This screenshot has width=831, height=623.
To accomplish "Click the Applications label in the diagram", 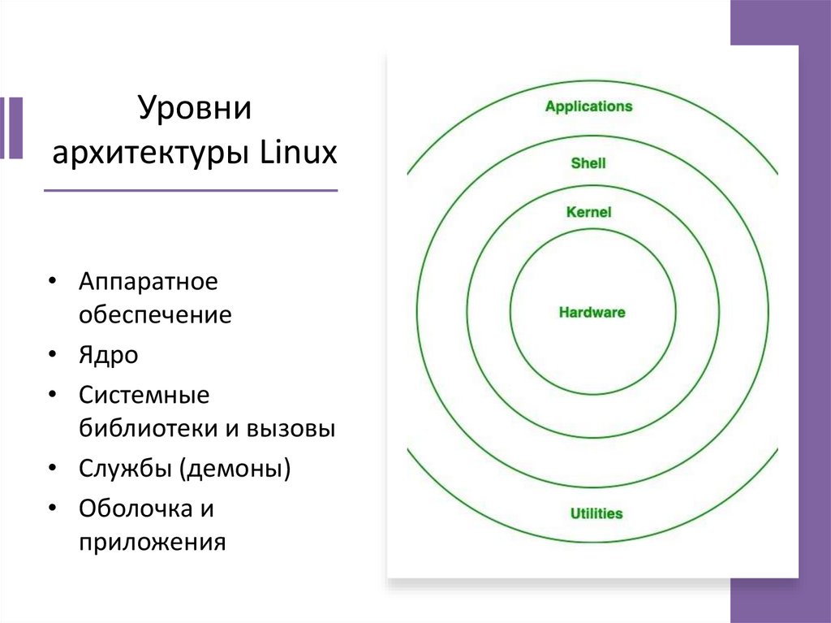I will [588, 106].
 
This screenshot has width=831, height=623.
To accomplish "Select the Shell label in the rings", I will [588, 163].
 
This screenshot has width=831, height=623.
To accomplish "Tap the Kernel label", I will [588, 213].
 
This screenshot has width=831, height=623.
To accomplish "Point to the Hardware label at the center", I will [592, 313].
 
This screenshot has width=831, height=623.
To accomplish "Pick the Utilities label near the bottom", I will [596, 514].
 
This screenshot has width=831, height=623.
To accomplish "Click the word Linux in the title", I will [298, 153].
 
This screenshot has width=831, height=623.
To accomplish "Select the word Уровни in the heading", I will [195, 109].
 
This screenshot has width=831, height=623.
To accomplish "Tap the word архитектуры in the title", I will [152, 153].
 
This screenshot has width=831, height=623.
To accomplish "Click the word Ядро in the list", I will [109, 355].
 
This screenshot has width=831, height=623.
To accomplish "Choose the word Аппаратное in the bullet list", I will [149, 283].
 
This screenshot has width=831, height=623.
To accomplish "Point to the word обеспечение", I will [155, 315].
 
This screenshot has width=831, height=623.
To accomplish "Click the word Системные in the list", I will [144, 396].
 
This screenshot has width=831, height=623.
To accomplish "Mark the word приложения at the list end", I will [152, 542].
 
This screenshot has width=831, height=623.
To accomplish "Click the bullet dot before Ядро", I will [52, 355].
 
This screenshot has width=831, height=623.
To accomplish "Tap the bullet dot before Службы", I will [52, 469].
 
